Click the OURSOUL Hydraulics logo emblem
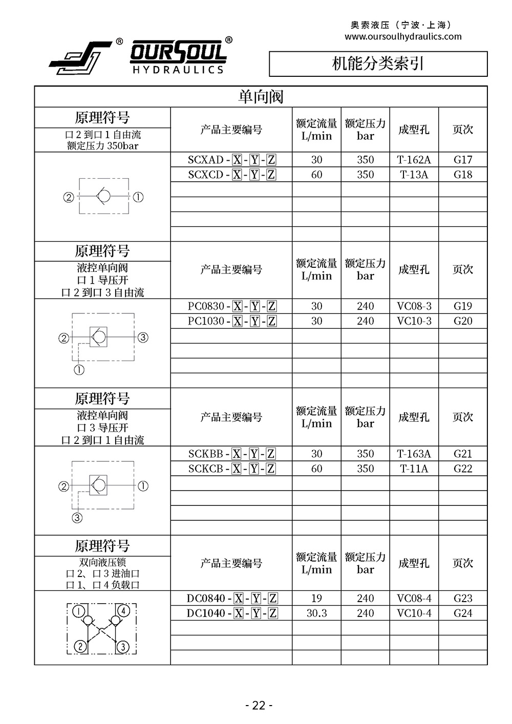point(81,56)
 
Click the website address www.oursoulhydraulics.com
point(403,36)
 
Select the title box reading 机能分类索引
point(378,63)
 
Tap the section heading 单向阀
point(261,97)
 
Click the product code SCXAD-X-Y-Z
point(231,160)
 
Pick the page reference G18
point(462,175)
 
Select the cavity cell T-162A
point(414,160)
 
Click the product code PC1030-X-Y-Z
point(231,321)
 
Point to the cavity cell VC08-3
point(414,306)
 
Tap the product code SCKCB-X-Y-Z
point(231,469)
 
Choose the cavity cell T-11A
point(414,469)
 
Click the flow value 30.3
point(316,613)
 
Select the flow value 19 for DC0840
point(316,598)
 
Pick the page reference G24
point(462,613)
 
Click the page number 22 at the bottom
point(259,706)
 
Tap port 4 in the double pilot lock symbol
point(123,611)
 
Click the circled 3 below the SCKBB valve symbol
point(77,518)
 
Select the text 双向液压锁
point(102,562)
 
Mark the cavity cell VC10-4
point(414,613)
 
